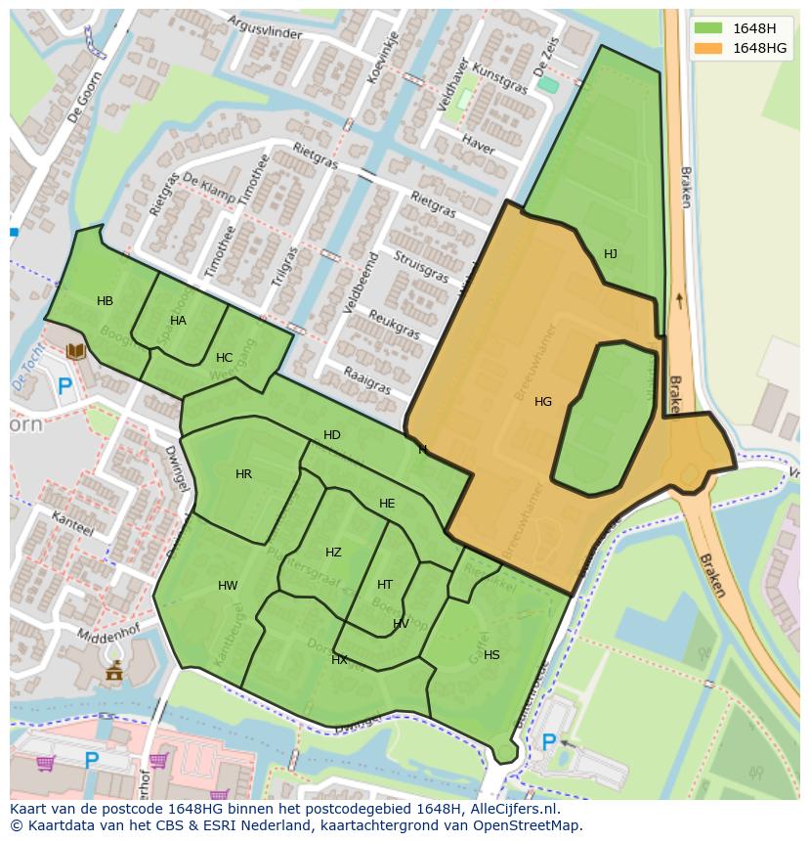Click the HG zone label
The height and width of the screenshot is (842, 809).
pos(543,402)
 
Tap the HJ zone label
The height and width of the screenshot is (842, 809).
pos(611,254)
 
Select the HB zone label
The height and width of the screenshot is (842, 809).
pos(105,301)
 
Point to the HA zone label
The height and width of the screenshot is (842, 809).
pos(178,321)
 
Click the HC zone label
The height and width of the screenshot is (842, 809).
pos(224,358)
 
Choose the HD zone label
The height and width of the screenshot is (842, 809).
pos(332,435)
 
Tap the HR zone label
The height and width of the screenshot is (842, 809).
pos(243,474)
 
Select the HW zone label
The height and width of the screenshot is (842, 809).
pos(228,586)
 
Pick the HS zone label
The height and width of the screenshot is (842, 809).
pos(491,655)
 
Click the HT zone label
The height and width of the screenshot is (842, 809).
pos(385,585)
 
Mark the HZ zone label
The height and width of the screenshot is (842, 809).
pos(333,553)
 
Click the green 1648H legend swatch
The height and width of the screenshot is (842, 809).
pos(708,28)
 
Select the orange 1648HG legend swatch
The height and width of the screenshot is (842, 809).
pos(708,48)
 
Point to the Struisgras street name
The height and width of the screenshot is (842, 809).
pos(421,267)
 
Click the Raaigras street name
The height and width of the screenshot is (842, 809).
pos(367,380)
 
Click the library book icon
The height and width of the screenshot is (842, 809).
pos(75,350)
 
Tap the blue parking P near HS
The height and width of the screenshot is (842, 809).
pos(549,743)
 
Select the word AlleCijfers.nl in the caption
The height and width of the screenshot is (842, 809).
pos(508,809)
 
